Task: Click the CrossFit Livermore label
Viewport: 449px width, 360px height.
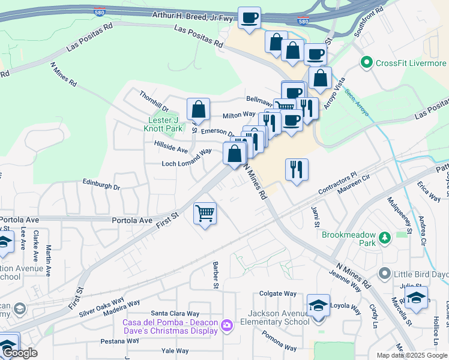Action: click(x=411, y=63)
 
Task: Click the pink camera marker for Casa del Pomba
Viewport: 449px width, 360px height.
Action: click(x=227, y=326)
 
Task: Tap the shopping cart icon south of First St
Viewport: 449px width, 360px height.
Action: click(x=205, y=213)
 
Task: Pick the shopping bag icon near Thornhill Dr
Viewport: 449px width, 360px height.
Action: click(x=198, y=109)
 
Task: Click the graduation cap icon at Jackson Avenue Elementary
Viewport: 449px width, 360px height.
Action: click(x=318, y=305)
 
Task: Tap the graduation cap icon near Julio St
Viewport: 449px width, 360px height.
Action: click(x=415, y=298)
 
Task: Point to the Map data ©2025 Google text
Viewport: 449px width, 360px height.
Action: click(x=412, y=355)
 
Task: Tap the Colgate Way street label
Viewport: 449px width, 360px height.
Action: click(x=278, y=294)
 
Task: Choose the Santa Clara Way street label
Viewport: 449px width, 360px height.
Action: click(x=175, y=313)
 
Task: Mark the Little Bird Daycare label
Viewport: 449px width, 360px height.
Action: click(x=421, y=274)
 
